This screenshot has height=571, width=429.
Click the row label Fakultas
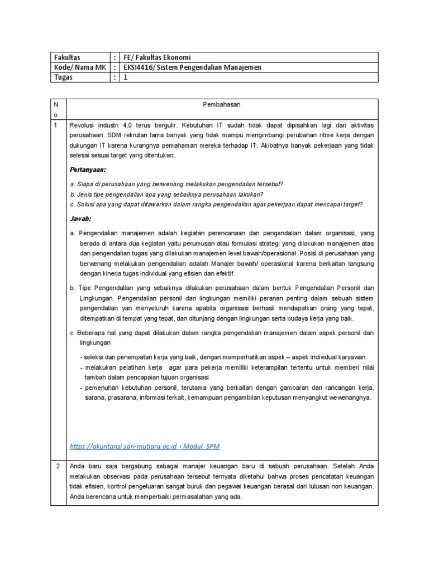66,57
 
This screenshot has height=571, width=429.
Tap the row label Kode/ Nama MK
79,67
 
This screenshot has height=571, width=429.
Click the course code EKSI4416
140,67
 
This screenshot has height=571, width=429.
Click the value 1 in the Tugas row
126,78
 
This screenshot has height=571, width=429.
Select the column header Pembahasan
222,104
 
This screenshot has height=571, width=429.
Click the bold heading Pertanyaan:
88,168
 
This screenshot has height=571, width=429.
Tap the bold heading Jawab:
80,219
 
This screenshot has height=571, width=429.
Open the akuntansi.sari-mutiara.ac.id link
124,447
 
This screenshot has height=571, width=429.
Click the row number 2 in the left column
58,466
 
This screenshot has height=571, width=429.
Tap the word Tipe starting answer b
85,288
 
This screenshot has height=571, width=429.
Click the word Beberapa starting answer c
93,333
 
